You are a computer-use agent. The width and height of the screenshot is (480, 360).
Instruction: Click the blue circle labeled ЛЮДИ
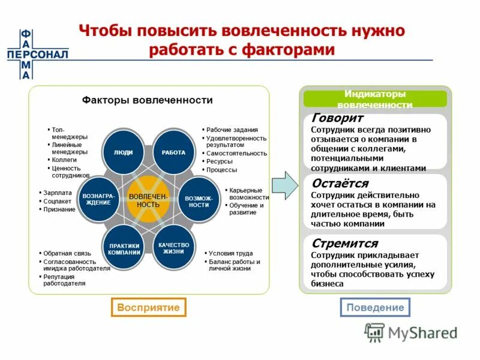point(124,152)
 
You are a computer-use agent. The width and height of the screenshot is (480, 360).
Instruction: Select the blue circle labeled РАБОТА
point(173,152)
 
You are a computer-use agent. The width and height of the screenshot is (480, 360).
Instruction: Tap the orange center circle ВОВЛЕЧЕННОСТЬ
point(144,200)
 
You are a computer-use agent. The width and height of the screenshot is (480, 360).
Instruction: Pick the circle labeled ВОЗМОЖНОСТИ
point(197,201)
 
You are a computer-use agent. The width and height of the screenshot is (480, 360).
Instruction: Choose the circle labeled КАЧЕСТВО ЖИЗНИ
point(174,248)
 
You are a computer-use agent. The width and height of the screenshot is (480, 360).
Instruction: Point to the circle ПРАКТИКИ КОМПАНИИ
point(124,248)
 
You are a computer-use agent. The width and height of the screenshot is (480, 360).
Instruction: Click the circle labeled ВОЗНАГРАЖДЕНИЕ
point(97,200)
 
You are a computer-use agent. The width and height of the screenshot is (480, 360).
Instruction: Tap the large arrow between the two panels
point(284,186)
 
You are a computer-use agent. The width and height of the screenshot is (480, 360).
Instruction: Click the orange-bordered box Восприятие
point(149,307)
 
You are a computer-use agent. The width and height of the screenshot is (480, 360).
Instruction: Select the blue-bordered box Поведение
point(376,307)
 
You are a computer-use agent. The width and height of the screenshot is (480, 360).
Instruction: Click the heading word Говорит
point(338,119)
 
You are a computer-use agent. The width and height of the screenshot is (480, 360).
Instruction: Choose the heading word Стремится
point(344,244)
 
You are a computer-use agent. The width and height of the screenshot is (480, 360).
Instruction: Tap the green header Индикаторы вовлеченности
point(375,99)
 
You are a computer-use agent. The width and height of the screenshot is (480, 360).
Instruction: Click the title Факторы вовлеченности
point(148,100)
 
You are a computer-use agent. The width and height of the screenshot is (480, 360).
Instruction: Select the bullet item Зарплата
point(58,193)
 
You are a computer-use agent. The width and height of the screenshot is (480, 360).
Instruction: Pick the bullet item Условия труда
point(230,253)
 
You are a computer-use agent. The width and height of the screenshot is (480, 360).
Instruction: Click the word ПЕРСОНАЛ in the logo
point(37,54)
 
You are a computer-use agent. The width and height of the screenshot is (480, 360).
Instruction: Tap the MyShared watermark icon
point(375,331)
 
